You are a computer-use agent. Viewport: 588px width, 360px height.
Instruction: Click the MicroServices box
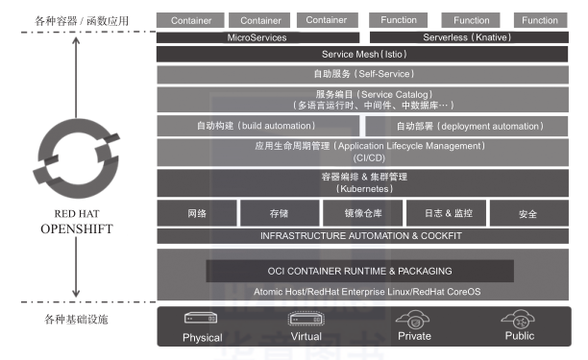257,37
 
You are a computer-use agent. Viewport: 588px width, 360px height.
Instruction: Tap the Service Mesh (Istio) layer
364,54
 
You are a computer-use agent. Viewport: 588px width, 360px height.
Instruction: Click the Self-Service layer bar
364,73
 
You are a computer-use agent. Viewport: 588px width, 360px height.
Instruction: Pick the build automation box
257,125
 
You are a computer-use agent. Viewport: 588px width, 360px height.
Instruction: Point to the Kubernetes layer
364,182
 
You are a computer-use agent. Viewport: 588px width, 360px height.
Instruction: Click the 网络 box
197,213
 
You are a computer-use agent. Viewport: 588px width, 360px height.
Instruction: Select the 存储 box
279,213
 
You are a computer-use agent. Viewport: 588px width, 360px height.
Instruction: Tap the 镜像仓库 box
363,213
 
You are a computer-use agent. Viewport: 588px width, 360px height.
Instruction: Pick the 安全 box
527,213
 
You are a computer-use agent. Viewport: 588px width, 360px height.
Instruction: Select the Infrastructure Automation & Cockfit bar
364,235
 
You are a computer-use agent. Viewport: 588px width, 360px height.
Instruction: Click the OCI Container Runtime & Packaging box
359,271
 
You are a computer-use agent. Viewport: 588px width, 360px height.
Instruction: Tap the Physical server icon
202,320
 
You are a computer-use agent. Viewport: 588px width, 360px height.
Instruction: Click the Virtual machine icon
306,320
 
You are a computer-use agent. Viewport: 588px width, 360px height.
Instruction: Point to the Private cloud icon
414,320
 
